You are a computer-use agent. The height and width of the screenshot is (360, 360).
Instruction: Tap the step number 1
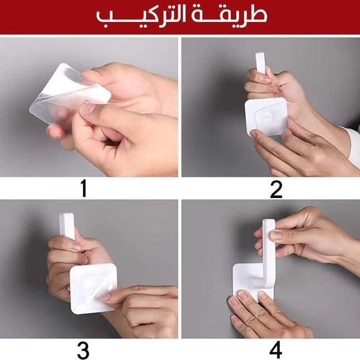click(x=83, y=189)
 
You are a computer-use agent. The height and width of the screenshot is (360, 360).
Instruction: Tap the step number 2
click(x=276, y=189)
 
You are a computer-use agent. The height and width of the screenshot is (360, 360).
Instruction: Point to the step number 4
click(x=276, y=350)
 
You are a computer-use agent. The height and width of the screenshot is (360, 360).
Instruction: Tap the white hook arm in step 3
click(x=67, y=226)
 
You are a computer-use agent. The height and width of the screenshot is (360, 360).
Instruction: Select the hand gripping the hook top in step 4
click(x=313, y=234)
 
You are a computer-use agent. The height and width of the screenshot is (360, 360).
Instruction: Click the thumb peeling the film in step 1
click(x=89, y=109)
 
